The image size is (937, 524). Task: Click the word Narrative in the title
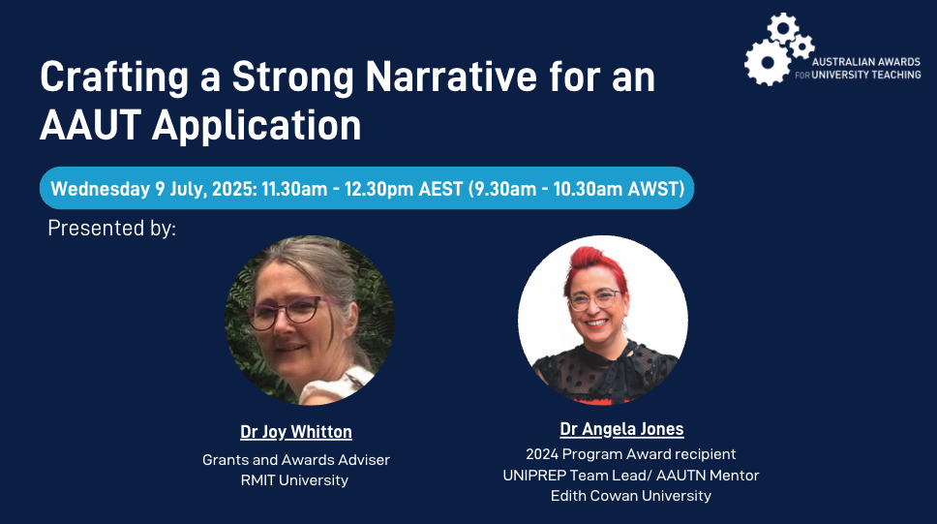coord(451,77)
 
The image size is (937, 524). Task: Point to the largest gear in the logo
coord(768,62)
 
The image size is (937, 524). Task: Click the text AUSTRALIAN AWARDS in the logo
coord(866,62)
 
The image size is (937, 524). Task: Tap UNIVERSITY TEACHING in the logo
coord(866,75)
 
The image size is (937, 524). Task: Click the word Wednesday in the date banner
coord(100,189)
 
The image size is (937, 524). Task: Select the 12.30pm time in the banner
coord(378,189)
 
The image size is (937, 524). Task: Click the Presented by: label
coord(111,229)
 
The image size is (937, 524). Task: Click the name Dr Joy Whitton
coord(296,432)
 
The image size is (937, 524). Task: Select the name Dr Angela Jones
coord(621,429)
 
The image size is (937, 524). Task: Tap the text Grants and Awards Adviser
coord(296,459)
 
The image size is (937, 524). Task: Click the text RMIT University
coord(294,479)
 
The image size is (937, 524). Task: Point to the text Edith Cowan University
coord(631,495)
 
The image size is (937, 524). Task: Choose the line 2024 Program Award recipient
coord(630,454)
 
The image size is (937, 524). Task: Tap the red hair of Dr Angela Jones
coord(591,266)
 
